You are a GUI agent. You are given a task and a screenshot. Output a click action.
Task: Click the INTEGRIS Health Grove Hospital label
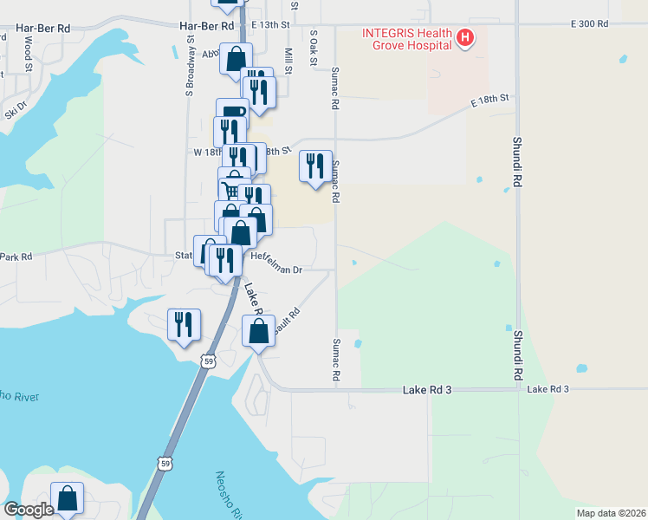(406, 39)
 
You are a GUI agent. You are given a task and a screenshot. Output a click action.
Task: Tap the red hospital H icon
(466, 37)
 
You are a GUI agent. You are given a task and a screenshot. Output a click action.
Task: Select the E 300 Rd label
(589, 23)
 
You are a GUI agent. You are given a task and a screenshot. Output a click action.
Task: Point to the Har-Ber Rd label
(42, 29)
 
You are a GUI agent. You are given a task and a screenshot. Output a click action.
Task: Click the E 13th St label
(271, 25)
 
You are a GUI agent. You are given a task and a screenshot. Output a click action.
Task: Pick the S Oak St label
(314, 47)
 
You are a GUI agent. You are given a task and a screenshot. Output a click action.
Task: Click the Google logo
(29, 510)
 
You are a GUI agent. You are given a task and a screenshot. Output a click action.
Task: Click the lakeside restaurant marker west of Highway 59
(184, 324)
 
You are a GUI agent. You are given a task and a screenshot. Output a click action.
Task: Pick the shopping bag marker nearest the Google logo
(68, 497)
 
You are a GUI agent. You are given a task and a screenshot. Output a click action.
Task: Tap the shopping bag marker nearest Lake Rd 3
(258, 330)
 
